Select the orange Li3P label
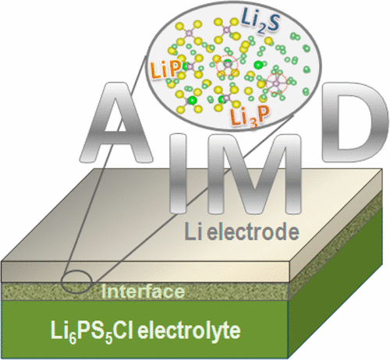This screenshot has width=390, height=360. [x=246, y=117]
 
